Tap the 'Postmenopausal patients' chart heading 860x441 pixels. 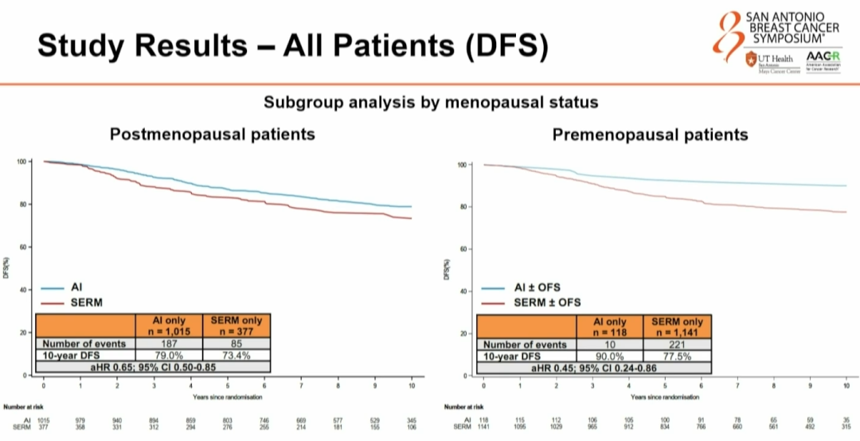[212, 134]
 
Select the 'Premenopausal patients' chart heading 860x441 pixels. [651, 135]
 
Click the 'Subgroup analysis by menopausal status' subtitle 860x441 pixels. [431, 102]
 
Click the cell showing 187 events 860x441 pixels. [170, 343]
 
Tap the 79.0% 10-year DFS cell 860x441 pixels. [170, 355]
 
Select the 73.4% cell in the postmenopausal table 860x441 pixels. [236, 355]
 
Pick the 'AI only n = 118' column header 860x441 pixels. [609, 327]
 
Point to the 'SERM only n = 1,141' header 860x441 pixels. [677, 327]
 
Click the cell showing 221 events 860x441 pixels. [677, 344]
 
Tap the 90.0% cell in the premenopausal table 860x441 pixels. [609, 356]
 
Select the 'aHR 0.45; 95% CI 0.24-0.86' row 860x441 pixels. [594, 368]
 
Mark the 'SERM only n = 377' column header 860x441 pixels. [236, 326]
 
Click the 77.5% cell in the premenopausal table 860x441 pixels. [677, 356]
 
